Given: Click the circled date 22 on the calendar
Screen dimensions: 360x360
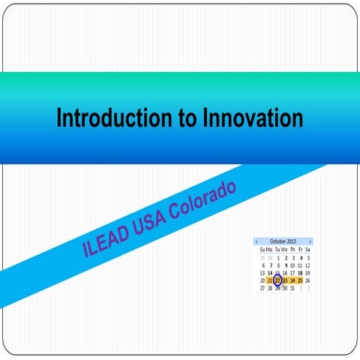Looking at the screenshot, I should point(277,280).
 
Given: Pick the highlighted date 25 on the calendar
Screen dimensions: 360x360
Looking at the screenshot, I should point(300,280).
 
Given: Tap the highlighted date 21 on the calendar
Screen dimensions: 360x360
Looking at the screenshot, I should point(270,280).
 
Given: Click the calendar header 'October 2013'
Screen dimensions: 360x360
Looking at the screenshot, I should point(283,241).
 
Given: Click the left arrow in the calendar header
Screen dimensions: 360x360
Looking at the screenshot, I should point(257,241).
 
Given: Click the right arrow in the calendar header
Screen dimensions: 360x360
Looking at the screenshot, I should point(310,241).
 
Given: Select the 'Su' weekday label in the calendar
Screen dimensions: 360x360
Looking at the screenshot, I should point(262,249).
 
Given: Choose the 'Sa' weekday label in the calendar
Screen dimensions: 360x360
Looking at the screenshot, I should point(307,249).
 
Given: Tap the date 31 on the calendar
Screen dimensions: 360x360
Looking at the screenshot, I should point(292,288).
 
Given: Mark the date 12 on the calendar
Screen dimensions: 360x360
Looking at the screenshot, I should point(307,265).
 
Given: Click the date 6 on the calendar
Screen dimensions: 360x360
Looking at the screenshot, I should point(263,265).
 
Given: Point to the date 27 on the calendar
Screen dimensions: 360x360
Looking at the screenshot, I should point(262,288).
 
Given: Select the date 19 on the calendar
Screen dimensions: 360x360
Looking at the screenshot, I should point(307,272).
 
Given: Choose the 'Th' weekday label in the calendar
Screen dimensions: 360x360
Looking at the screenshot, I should point(292,249).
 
